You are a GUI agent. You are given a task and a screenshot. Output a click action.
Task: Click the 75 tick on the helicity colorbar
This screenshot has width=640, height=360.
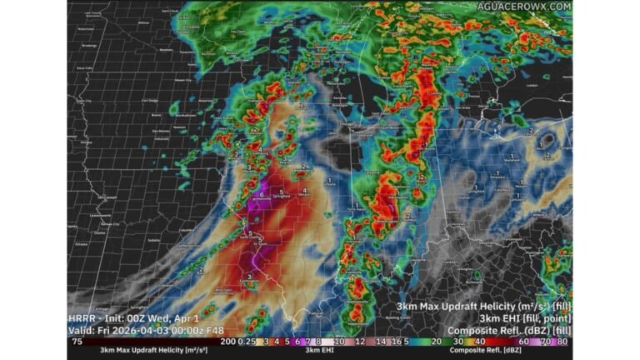[76, 342]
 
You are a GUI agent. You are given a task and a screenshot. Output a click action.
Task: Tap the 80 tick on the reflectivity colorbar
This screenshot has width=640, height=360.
[563, 342]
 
